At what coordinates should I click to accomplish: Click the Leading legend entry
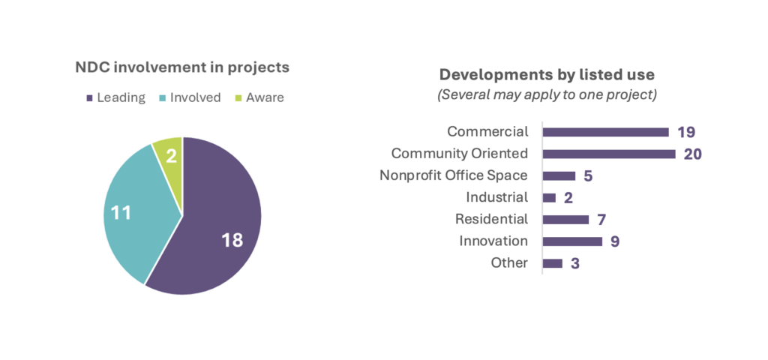coord(116,97)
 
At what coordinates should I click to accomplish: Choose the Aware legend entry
coord(259,97)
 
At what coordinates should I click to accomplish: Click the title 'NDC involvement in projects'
coord(182,67)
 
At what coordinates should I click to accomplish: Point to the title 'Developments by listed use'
coord(547,75)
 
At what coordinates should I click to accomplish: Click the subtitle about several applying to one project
coord(547,95)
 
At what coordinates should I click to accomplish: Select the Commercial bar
coord(605,132)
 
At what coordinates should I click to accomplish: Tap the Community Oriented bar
coord(609,154)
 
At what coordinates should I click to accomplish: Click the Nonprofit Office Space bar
coord(559,175)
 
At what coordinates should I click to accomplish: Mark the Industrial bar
coord(549,197)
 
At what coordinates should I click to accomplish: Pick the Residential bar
coord(565,219)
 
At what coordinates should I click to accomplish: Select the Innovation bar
coord(572,241)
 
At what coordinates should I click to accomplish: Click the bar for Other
coord(552,263)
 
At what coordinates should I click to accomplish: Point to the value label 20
coord(692,154)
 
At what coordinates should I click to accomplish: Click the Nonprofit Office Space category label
coord(454,175)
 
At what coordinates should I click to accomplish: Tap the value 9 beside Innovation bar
coord(614,241)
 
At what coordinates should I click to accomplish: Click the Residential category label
coord(491,219)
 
